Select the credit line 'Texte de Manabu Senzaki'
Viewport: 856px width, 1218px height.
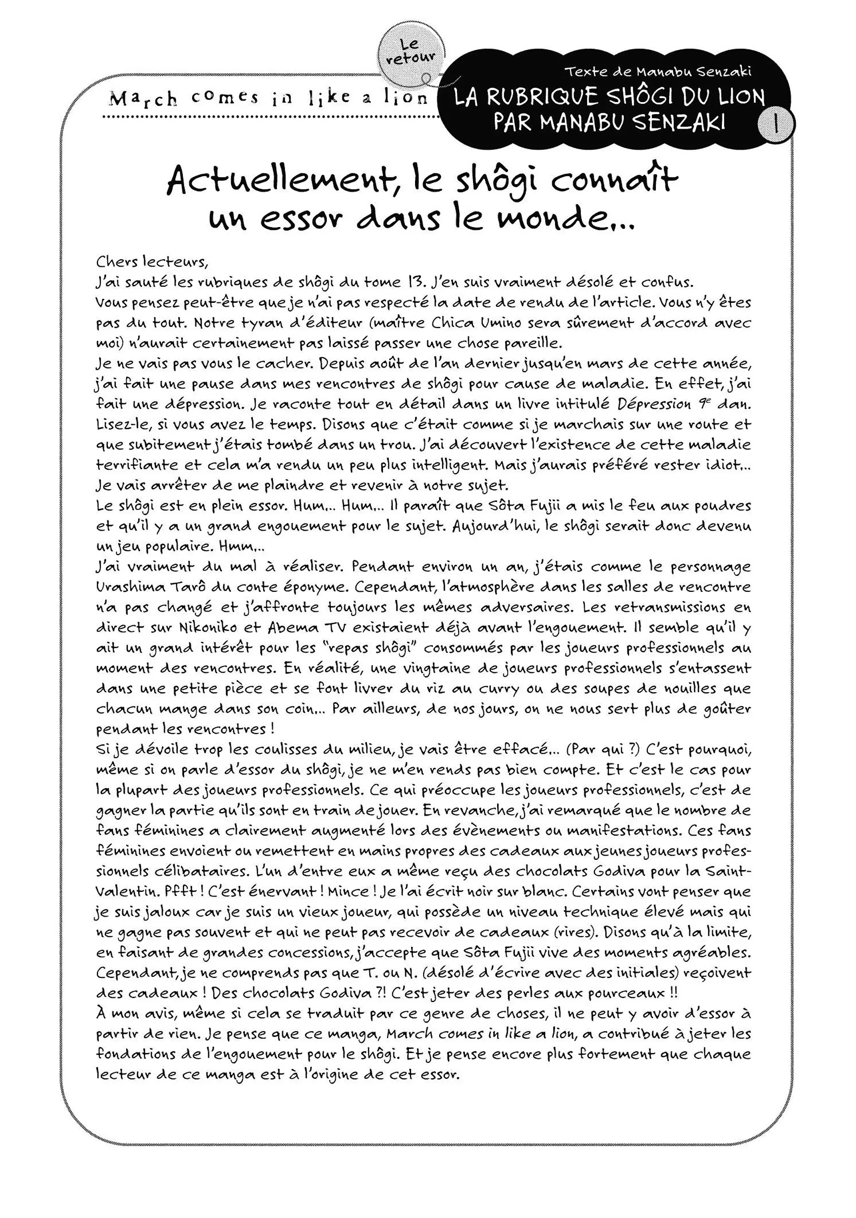(x=658, y=72)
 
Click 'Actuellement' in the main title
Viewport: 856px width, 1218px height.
(x=279, y=180)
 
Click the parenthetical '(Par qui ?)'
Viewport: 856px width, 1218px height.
(x=598, y=749)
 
